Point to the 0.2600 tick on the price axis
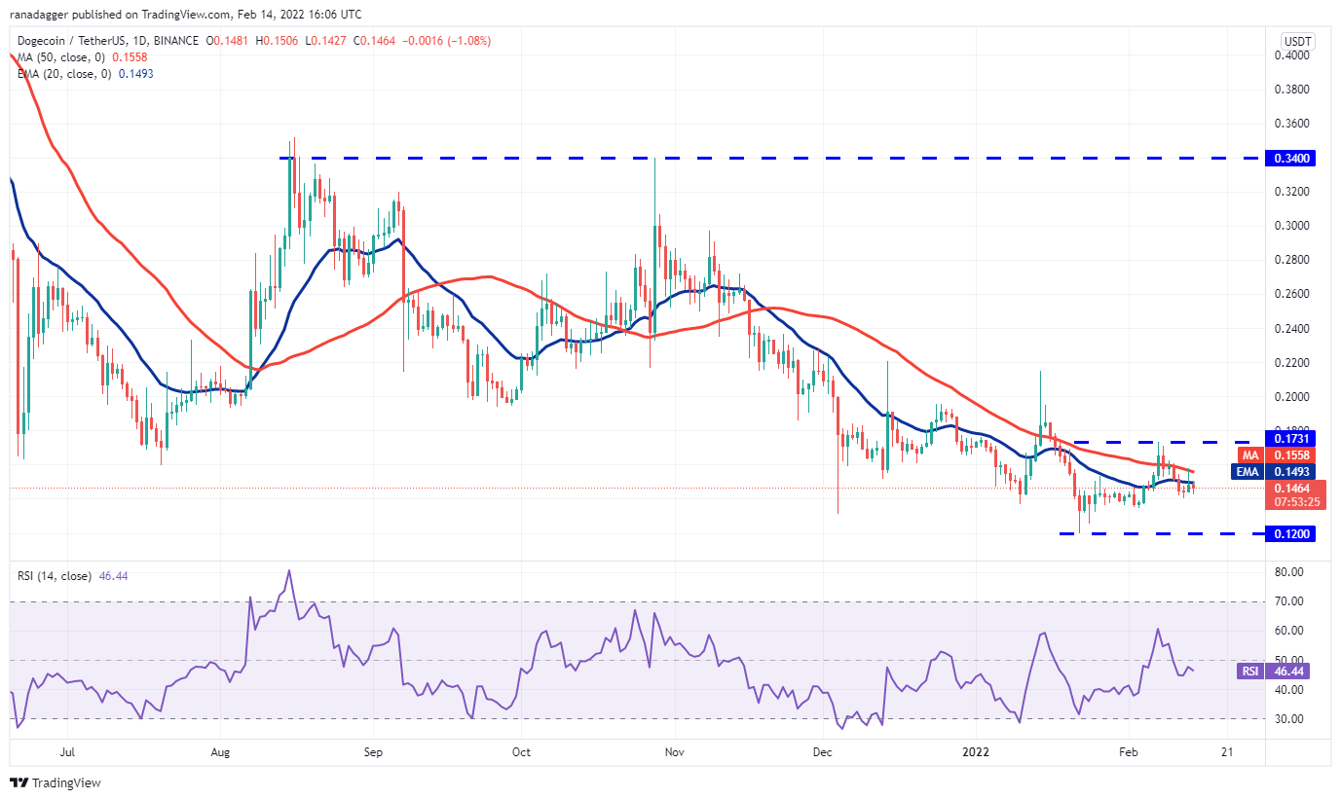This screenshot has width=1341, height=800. point(1293,294)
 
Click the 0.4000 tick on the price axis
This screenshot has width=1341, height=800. point(1293,55)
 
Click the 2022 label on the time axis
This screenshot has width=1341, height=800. point(976,752)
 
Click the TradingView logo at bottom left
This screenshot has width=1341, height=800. point(56,782)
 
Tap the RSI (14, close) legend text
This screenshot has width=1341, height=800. point(55,576)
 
